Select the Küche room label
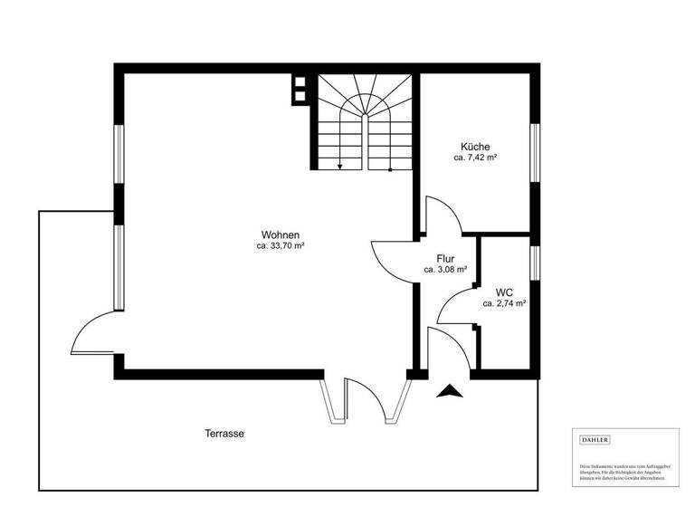point(475,147)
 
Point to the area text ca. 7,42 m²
point(475,158)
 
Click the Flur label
point(445,258)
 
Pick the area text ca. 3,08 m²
point(445,269)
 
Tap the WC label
point(505,292)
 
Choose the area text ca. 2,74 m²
point(505,303)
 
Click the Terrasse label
point(224,434)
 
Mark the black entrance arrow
point(449,391)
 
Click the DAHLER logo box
point(595,440)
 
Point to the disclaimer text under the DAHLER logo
point(625,469)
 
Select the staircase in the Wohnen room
point(365,122)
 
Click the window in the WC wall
point(535,262)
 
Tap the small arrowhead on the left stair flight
point(339,166)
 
